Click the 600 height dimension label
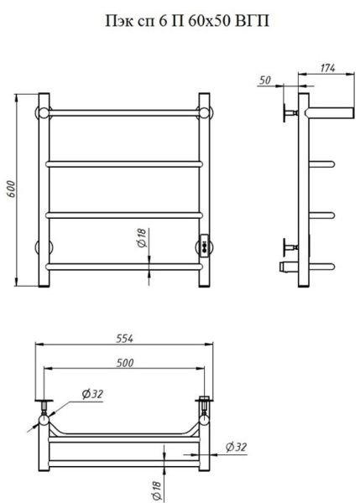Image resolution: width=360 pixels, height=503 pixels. [11, 189]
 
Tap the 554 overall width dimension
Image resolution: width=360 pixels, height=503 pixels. [124, 339]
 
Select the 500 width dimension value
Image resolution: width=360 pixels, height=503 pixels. [125, 363]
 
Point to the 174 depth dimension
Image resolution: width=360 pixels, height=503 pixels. [327, 68]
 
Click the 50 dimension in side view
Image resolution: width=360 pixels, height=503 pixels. [265, 80]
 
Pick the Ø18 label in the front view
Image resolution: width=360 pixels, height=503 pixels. [142, 238]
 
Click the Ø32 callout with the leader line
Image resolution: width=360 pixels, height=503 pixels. [92, 394]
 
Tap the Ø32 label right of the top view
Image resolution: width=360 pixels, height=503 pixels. [236, 447]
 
